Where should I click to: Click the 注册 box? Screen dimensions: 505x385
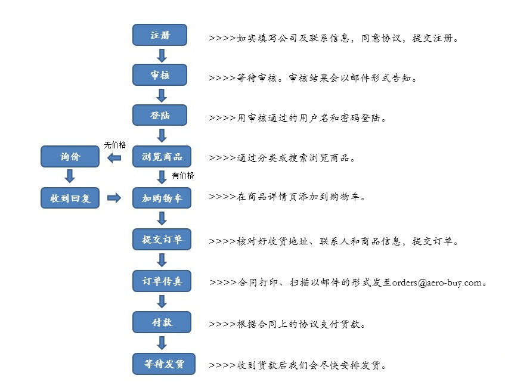click(x=160, y=35)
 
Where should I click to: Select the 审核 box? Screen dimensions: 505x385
click(x=160, y=74)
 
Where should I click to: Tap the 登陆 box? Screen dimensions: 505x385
click(x=160, y=115)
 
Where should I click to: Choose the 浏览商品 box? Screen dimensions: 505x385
click(x=162, y=157)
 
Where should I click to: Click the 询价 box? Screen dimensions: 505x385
click(x=70, y=157)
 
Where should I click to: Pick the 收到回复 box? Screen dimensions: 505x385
click(x=70, y=198)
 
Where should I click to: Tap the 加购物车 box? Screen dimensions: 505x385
click(x=162, y=198)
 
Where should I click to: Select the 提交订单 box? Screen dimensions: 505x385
click(x=162, y=239)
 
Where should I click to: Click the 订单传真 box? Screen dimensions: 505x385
click(x=162, y=281)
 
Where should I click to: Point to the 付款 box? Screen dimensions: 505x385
click(x=162, y=322)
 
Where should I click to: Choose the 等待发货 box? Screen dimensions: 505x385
click(x=164, y=364)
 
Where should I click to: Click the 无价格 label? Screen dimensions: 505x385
click(x=115, y=145)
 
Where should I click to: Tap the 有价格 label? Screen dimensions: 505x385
click(x=183, y=175)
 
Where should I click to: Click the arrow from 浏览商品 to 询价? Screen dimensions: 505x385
click(x=114, y=158)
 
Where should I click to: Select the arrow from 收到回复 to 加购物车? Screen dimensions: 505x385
click(x=114, y=198)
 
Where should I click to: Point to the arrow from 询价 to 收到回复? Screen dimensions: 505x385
click(x=70, y=176)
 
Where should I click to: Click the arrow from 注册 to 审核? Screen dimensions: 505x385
click(x=162, y=55)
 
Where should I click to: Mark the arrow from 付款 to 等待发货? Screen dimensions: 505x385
click(x=162, y=343)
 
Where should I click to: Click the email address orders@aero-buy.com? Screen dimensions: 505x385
click(x=436, y=283)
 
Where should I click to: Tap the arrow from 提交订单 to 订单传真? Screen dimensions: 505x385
click(x=162, y=260)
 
